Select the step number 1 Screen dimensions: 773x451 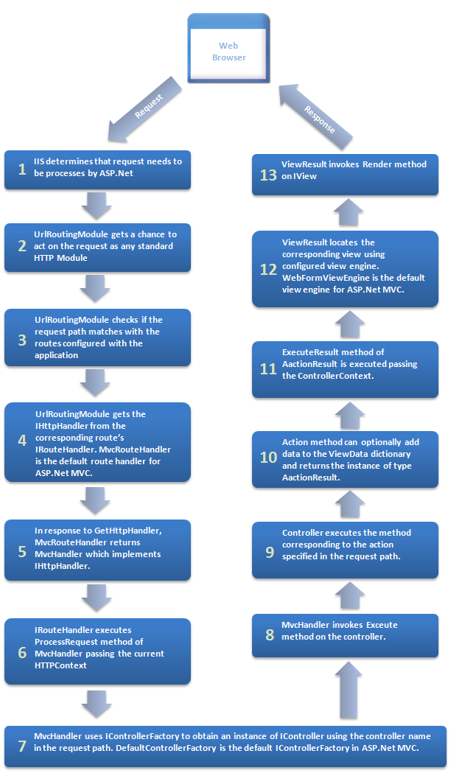coord(22,170)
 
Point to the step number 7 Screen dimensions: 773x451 coord(22,746)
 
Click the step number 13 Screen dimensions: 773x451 coord(268,175)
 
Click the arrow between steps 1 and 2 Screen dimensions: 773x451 coord(97,205)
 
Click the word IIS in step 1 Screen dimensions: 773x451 coord(41,161)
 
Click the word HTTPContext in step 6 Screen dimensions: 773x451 coord(61,665)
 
